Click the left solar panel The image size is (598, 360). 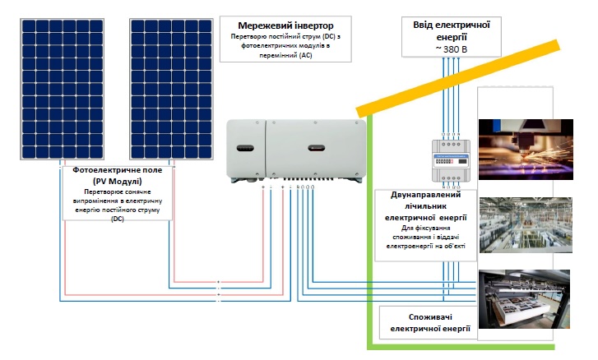(x=63, y=89)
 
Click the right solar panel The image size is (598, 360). (x=171, y=89)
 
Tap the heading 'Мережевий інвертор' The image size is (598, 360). (x=285, y=25)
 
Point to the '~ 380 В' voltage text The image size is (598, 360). (x=451, y=49)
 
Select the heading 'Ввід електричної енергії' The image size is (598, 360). (x=452, y=31)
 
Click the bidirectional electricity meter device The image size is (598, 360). (x=451, y=160)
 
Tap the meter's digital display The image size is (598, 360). (x=444, y=162)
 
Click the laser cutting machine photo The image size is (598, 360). (x=526, y=150)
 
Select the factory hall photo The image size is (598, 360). (x=526, y=224)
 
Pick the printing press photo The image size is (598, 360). (x=525, y=299)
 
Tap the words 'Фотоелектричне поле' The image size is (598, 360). (x=118, y=170)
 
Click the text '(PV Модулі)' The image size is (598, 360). (x=118, y=181)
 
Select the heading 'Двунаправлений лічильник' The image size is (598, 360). (x=425, y=201)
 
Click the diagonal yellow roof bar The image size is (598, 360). (x=458, y=78)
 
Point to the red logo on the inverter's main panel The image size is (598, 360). (x=317, y=148)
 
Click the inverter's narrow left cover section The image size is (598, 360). (x=246, y=150)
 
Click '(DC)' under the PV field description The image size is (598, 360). (x=118, y=219)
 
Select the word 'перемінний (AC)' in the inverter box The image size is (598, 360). (x=285, y=55)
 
